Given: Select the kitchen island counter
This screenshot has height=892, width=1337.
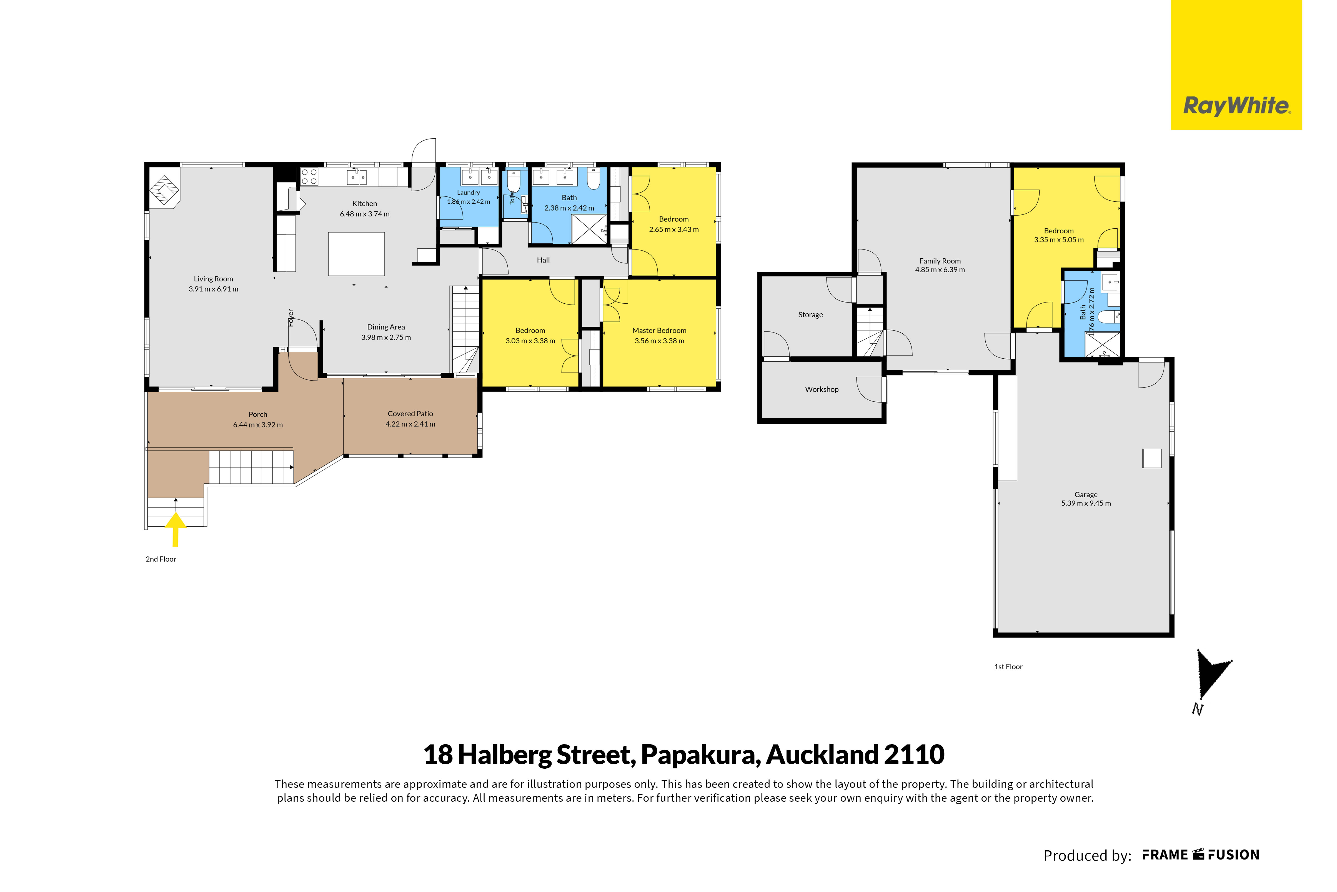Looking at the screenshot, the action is click(357, 254).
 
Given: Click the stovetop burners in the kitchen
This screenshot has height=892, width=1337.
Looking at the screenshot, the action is click(309, 176).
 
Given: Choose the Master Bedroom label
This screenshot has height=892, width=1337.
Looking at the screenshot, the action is click(659, 331).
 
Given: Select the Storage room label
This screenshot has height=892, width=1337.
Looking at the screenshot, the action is click(810, 314).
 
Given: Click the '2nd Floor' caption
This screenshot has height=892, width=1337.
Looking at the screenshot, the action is click(161, 559).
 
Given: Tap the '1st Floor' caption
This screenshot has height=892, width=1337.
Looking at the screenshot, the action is click(1008, 667).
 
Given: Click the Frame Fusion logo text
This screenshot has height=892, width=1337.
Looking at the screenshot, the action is click(1201, 855).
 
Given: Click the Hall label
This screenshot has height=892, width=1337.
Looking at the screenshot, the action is click(543, 260).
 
